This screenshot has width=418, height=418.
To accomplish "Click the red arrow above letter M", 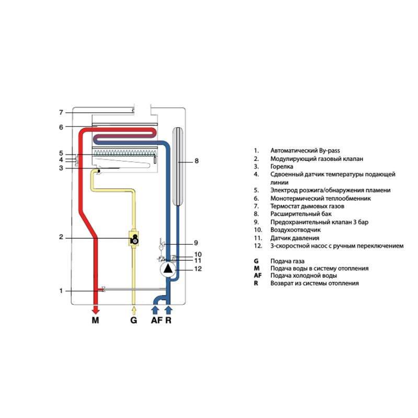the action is coord(96,310).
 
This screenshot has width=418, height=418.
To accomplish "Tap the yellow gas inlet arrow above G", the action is coord(134,310).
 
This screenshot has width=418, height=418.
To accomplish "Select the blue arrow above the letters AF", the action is coord(155,310).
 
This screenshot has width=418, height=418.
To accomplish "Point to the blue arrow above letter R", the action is coord(168,310).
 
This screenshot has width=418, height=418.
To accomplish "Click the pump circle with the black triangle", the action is coord(168,269).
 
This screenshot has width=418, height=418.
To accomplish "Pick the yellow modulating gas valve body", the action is coord(134,238).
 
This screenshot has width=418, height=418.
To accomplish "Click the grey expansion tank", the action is coord(178,166).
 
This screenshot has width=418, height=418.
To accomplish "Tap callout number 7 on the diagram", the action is coord(61,112).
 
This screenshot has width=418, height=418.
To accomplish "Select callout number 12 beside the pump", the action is coord(198,269).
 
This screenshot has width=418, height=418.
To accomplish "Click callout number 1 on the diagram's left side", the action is coord(61,291).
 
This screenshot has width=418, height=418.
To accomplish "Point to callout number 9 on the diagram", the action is coord(196,243).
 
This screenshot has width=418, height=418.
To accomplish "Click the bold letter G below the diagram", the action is coord(134,320).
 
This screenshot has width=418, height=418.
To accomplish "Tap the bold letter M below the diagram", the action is coord(96,320).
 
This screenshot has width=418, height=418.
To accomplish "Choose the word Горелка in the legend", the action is coord(282,167).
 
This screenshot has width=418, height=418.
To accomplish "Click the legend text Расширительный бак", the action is coord(301,214).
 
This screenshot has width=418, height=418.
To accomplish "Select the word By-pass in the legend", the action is coord(330,150).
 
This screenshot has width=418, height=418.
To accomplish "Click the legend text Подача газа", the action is coord(287,261).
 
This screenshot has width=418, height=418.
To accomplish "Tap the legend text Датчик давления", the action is coord(295,238).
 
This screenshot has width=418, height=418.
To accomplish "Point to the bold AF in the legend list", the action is coord(258,275).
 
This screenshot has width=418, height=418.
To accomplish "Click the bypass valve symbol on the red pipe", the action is coord(103,289).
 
